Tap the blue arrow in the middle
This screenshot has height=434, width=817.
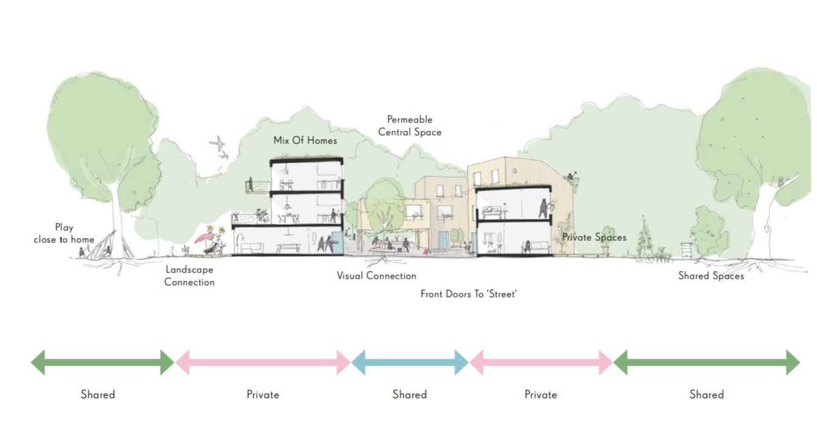[x=409, y=363]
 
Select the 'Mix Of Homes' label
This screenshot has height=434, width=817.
[x=305, y=141]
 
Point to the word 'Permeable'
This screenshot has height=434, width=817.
[x=409, y=119]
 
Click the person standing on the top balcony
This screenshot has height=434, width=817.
[x=250, y=184]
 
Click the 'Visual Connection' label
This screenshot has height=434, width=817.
[x=376, y=276]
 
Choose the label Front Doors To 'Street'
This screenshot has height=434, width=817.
[x=468, y=294]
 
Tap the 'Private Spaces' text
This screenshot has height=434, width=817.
[x=594, y=237]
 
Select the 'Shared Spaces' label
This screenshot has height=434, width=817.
[x=711, y=276]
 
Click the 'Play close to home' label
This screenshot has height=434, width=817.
[x=64, y=233]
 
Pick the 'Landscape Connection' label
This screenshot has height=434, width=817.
[x=189, y=276]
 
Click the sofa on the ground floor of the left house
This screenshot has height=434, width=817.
[x=251, y=247]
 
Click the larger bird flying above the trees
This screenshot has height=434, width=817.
[x=217, y=143]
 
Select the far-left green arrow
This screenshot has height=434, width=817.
[x=103, y=363]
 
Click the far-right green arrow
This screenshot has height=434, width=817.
[x=707, y=363]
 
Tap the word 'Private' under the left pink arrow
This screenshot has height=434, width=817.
[x=263, y=394]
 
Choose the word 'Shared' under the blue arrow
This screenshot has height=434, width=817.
[x=409, y=394]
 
